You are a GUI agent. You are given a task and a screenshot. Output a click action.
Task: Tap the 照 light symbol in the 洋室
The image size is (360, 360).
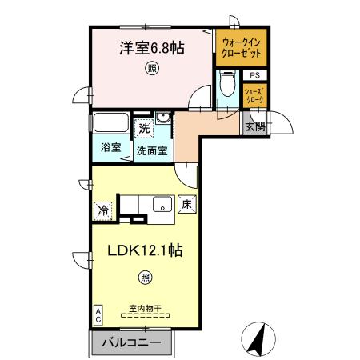pos(151,70)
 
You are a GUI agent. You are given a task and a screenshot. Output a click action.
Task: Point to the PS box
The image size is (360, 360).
pos(254,75)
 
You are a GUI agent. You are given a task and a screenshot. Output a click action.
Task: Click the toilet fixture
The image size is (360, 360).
pos(226,86)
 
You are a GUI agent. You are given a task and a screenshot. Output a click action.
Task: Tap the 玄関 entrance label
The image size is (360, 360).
pos(255,126)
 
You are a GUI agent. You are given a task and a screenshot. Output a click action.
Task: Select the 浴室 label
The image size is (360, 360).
pos(110,148)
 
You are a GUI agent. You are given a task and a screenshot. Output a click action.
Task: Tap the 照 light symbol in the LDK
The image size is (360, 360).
pos(145,277)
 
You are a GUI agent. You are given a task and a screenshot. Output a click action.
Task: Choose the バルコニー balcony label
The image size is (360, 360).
pos(132,345)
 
